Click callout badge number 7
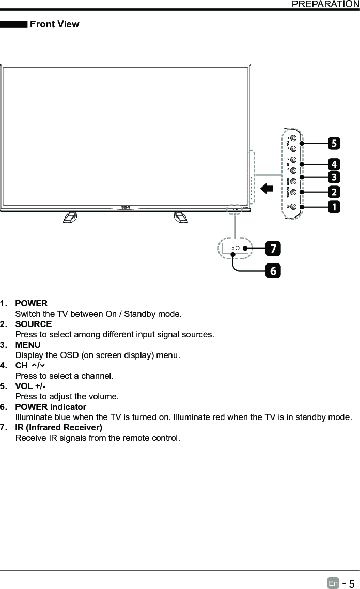pos(273,249)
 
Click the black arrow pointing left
pos(267,188)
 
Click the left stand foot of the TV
pos(70,217)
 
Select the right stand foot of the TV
pos(181,217)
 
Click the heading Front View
pos(55,24)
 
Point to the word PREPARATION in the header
pos(325,4)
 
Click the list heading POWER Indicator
pos(51,407)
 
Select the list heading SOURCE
pos(34,324)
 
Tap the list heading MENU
pos(28,345)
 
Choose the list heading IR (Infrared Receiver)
pos(58,427)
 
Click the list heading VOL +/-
pos(30,386)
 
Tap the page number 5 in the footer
pos(351,583)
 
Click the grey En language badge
pos(333,583)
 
